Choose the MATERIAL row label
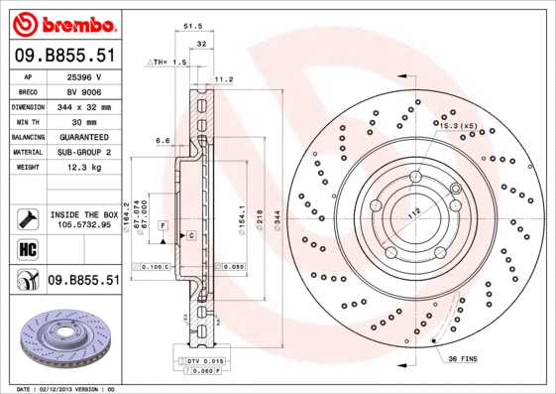tap(26, 152)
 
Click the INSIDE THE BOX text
tap(83, 214)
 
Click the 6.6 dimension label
tap(163, 141)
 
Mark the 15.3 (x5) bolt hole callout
tap(458, 126)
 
